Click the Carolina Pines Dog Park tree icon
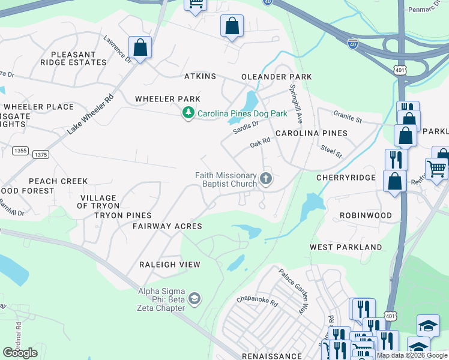click(188, 113)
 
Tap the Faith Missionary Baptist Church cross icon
click(266, 179)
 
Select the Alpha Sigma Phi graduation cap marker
click(194, 298)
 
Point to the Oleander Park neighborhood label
click(276, 77)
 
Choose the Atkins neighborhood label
click(200, 76)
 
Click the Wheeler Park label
click(167, 99)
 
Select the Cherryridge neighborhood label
click(346, 178)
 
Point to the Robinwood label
click(366, 215)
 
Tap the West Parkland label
click(346, 247)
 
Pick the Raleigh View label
click(169, 264)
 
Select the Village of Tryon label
click(98, 202)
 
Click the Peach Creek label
click(58, 181)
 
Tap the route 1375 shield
click(41, 155)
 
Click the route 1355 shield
click(19, 151)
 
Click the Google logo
click(20, 352)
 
